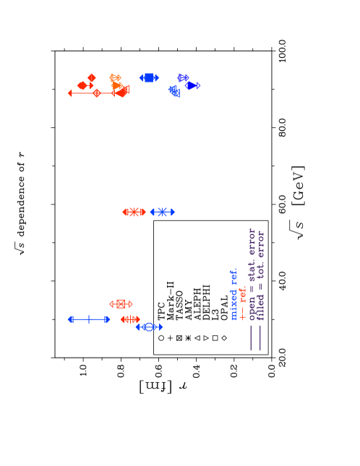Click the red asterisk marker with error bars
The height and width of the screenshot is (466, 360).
coord(134,212)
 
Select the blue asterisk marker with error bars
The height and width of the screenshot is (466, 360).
coord(162,212)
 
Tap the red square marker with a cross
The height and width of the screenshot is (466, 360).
coord(121,304)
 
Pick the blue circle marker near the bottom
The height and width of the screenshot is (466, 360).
coord(149,327)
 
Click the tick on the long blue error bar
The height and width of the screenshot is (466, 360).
coord(89,319)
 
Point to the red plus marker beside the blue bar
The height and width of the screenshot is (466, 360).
coord(130,319)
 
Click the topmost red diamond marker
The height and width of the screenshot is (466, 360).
coord(92,77)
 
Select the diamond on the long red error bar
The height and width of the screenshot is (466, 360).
coord(96,93)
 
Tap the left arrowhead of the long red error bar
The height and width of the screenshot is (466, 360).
coord(70,93)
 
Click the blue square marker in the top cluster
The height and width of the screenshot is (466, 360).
coord(149,77)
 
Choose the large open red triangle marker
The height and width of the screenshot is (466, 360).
coord(124,90)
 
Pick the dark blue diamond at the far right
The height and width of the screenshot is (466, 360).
coord(192,86)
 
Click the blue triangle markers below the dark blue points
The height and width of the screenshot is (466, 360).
coord(173,92)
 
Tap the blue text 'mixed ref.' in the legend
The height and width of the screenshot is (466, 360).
coord(233,294)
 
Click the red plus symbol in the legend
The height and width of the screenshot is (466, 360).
coord(243,316)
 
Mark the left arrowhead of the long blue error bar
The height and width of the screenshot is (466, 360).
coord(70,319)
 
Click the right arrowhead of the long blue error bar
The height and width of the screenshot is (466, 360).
coord(107,319)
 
